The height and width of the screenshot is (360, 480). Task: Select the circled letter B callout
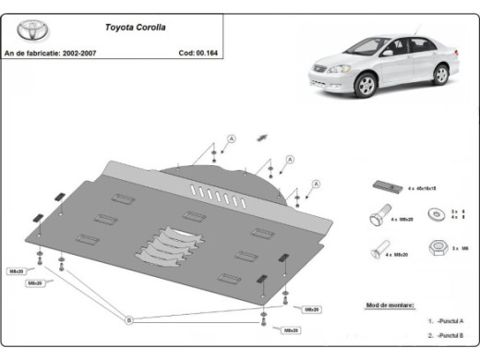[x=130, y=319]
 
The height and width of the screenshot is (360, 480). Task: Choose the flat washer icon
[x=432, y=215]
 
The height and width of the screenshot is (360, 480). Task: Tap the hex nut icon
[x=439, y=247]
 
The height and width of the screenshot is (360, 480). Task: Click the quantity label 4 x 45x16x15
[x=420, y=187]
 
